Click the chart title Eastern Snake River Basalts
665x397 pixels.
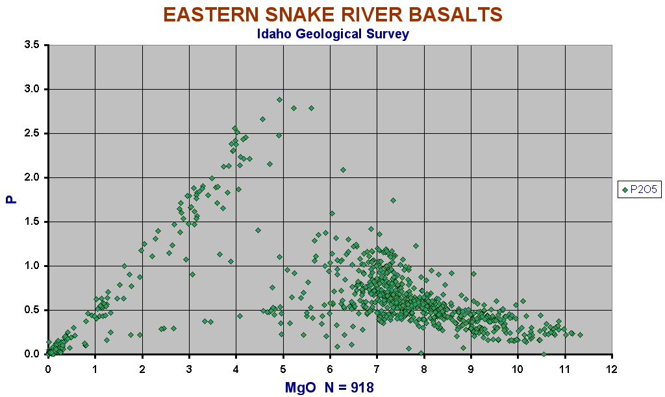click(333, 15)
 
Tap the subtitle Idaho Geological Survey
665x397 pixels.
click(333, 34)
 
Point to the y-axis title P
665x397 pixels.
click(12, 199)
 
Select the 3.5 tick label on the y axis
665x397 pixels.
click(32, 45)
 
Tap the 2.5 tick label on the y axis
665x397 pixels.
click(32, 133)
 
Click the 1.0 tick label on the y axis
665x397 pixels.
click(32, 266)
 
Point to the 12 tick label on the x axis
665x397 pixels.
click(612, 369)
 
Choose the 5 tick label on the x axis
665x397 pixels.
click(283, 369)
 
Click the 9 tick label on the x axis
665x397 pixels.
click(471, 369)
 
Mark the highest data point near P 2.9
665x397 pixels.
click(279, 99)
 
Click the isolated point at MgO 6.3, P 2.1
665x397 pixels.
click(343, 170)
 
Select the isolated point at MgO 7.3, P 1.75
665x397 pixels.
click(393, 200)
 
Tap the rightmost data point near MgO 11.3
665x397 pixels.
click(580, 335)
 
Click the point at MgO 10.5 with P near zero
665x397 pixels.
click(544, 354)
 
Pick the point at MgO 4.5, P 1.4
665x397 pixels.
click(258, 230)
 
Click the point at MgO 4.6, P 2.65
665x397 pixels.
click(262, 119)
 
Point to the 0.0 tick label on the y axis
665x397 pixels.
click(32, 354)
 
